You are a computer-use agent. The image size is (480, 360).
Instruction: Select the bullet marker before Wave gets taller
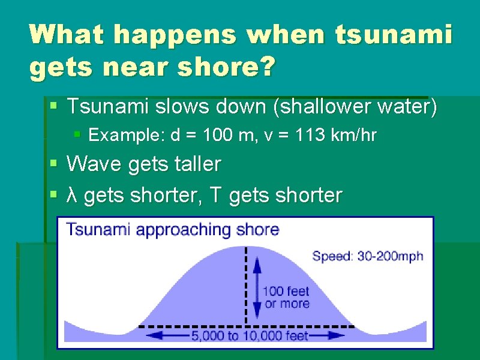[x=54, y=163]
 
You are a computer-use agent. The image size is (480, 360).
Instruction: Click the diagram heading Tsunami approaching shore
[x=172, y=230]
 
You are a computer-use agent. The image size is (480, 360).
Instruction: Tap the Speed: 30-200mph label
[x=368, y=256]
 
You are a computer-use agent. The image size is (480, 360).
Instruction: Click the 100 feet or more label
[x=286, y=297]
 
